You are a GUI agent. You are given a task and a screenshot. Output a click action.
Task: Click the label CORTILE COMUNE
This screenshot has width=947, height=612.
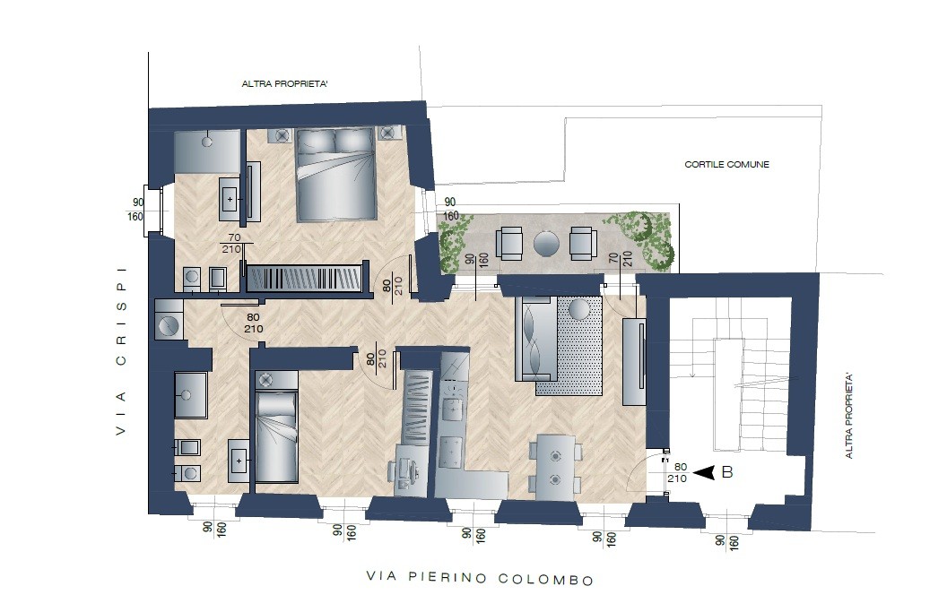(x=726, y=164)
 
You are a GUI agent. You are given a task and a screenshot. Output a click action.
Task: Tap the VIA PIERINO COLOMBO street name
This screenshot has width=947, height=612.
(x=480, y=578)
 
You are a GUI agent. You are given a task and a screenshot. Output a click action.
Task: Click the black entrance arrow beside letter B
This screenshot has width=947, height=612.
(x=704, y=472)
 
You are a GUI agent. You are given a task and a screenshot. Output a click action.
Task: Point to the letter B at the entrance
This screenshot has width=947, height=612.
(x=727, y=472)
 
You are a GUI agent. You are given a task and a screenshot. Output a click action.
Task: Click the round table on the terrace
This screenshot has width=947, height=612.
(x=546, y=243)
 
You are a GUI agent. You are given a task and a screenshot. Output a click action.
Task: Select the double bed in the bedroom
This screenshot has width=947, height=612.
(x=334, y=175)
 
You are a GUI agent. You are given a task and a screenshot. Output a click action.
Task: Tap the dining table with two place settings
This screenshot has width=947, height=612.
(x=555, y=468)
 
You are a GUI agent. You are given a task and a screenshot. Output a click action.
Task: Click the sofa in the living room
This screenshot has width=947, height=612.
(x=536, y=338)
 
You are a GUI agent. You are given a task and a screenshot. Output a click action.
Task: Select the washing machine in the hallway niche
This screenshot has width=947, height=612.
(x=169, y=319)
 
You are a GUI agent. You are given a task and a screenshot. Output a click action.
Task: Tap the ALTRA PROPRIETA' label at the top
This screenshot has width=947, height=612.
(x=284, y=84)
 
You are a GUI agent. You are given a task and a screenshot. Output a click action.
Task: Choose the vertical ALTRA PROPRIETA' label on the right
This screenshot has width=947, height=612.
(x=849, y=416)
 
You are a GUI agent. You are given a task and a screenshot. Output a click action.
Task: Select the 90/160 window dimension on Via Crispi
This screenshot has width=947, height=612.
(x=136, y=210)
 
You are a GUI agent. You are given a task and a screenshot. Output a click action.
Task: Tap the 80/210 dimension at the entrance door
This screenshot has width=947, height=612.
(x=678, y=472)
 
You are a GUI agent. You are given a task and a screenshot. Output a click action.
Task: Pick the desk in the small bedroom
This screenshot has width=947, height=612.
(x=404, y=469)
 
